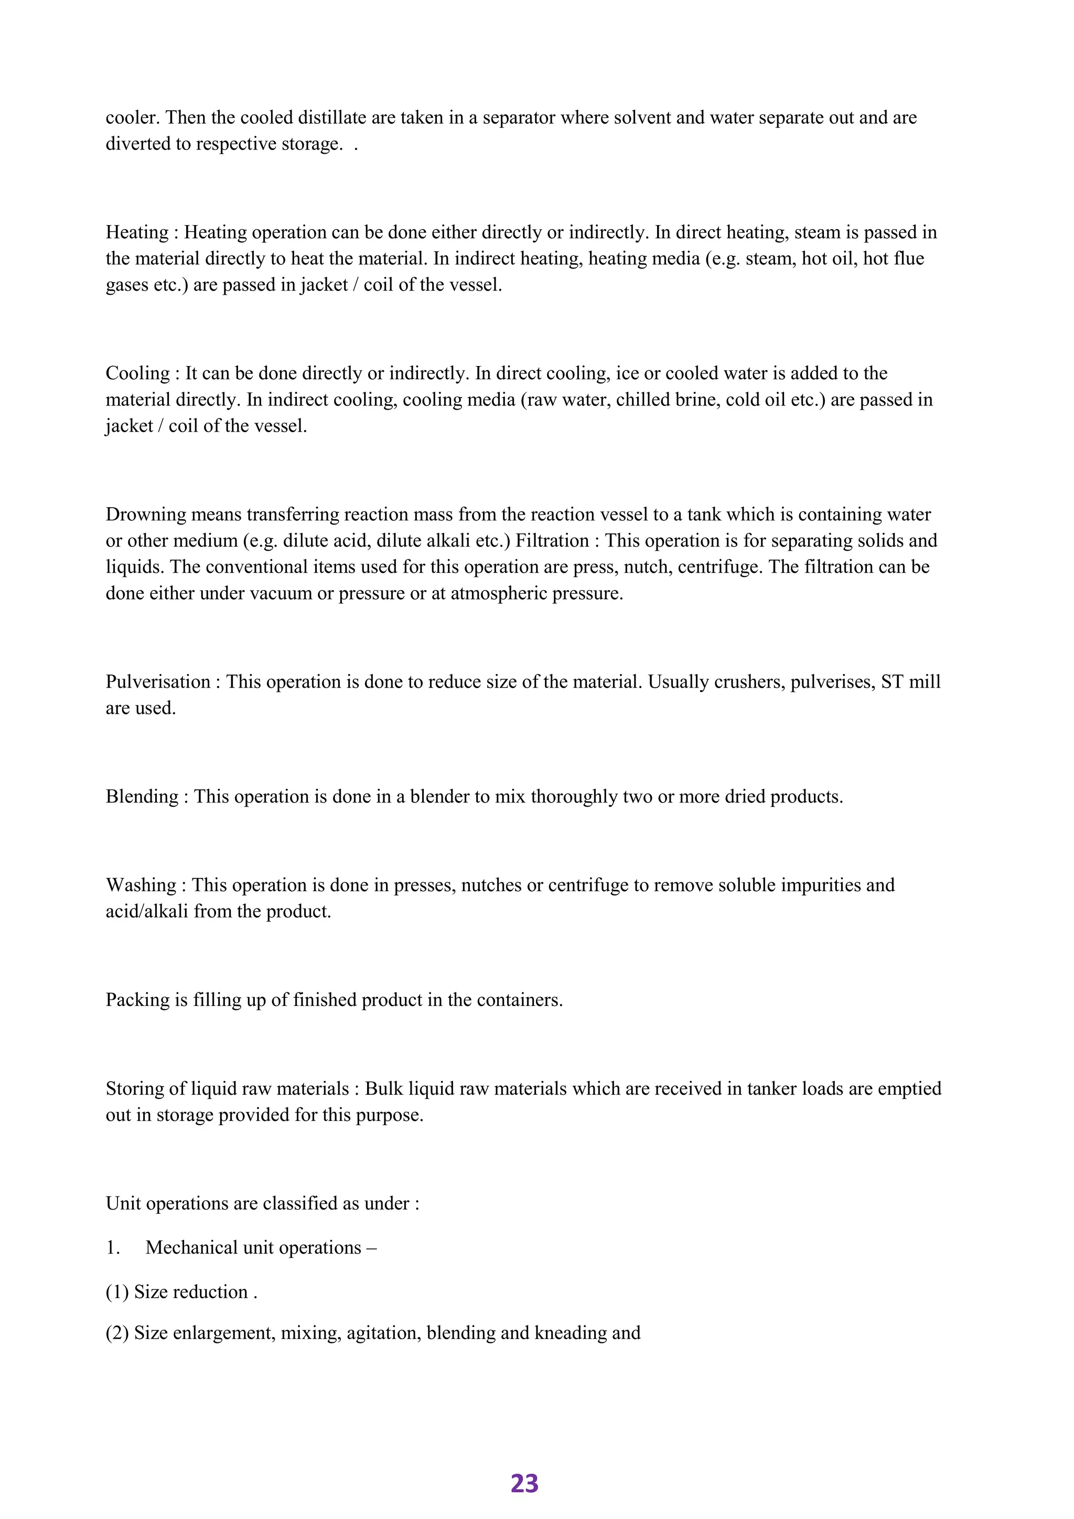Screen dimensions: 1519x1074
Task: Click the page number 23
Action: (x=524, y=1484)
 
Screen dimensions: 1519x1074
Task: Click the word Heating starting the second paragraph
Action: (x=136, y=233)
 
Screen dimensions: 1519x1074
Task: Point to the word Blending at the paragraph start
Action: (x=142, y=797)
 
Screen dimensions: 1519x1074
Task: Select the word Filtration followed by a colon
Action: (x=552, y=541)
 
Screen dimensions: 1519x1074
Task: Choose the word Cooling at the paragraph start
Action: (x=137, y=374)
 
